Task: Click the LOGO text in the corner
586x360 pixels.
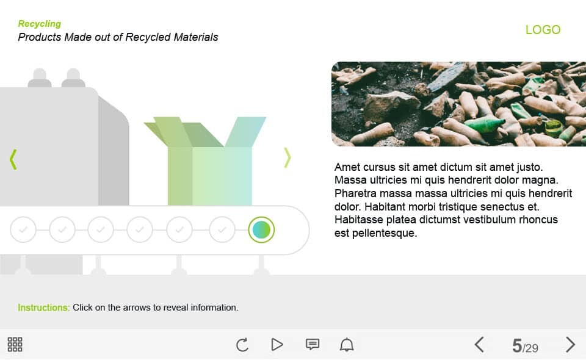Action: click(x=543, y=29)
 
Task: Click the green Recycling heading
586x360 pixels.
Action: click(x=40, y=24)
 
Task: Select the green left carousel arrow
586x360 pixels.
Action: click(x=13, y=159)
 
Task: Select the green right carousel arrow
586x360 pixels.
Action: click(x=287, y=157)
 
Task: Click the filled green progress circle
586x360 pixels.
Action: click(x=261, y=229)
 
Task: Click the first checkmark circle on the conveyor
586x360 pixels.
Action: click(x=23, y=229)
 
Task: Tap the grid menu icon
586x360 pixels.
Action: click(x=15, y=344)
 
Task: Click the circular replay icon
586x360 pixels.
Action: click(x=242, y=345)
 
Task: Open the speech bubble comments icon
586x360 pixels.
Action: click(x=313, y=344)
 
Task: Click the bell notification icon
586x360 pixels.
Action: click(x=347, y=344)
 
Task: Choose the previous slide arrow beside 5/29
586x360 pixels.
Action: click(x=479, y=345)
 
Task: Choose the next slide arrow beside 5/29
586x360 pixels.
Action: click(x=570, y=345)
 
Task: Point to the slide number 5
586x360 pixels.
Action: click(x=517, y=346)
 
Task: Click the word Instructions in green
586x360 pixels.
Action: click(x=44, y=308)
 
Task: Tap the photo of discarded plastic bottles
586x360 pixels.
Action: click(x=458, y=104)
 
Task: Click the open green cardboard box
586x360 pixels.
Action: click(x=205, y=161)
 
